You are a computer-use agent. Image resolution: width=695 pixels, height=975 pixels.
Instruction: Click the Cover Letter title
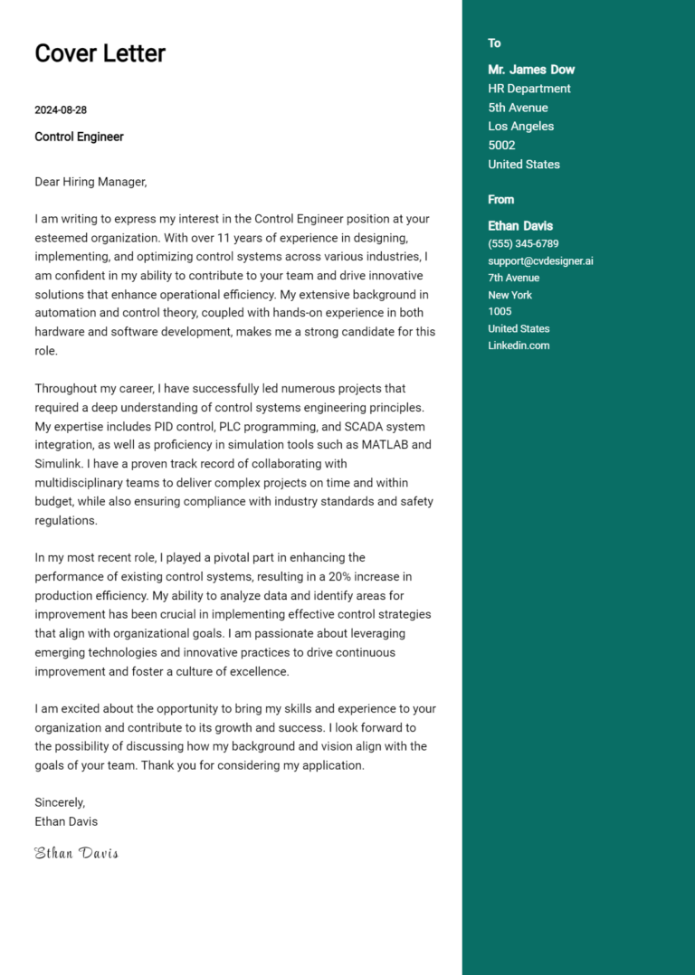pyautogui.click(x=100, y=53)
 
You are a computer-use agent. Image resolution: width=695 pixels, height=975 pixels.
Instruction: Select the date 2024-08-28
pyautogui.click(x=61, y=110)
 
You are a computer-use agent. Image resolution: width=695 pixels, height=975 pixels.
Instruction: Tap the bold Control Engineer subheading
pyautogui.click(x=79, y=137)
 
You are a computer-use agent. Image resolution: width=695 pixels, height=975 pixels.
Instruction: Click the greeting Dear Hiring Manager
pyautogui.click(x=90, y=182)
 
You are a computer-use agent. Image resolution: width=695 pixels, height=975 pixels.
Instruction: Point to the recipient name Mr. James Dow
pyautogui.click(x=531, y=70)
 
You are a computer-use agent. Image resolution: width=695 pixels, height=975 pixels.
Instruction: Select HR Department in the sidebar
pyautogui.click(x=529, y=89)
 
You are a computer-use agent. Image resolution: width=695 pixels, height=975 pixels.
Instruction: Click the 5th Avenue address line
pyautogui.click(x=518, y=108)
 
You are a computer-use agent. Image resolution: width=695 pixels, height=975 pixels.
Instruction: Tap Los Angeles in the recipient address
pyautogui.click(x=520, y=127)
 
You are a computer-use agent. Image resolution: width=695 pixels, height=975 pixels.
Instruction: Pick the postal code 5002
pyautogui.click(x=501, y=146)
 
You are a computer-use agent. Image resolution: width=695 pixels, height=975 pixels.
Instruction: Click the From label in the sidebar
pyautogui.click(x=500, y=200)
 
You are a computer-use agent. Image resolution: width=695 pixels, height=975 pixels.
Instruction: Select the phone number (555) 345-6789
pyautogui.click(x=523, y=244)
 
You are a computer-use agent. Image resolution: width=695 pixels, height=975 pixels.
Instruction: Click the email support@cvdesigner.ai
pyautogui.click(x=540, y=261)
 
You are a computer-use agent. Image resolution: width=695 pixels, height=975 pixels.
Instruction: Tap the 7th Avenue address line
pyautogui.click(x=513, y=279)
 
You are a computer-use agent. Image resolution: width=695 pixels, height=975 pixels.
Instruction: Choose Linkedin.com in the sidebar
pyautogui.click(x=519, y=346)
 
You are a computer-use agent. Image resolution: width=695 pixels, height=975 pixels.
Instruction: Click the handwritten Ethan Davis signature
pyautogui.click(x=76, y=853)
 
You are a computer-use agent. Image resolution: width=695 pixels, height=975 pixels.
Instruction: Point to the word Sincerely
pyautogui.click(x=60, y=802)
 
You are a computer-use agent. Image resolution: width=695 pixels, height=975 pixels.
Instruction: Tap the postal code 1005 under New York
pyautogui.click(x=500, y=312)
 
